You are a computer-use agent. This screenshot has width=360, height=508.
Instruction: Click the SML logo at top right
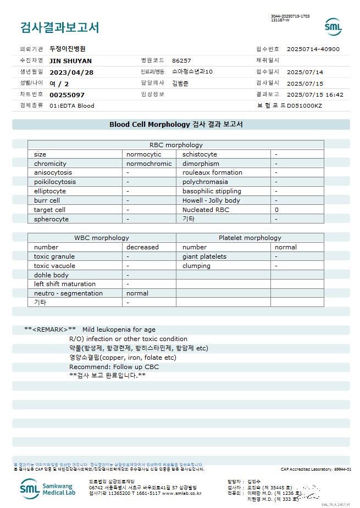pyautogui.click(x=333, y=27)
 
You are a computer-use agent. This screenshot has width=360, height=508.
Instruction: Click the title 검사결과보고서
pyautogui.click(x=59, y=27)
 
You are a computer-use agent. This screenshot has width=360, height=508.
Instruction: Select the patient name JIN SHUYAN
pyautogui.click(x=70, y=61)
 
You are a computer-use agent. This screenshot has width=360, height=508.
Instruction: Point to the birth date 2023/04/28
pyautogui.click(x=71, y=72)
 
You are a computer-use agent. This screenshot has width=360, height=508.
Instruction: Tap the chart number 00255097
pyautogui.click(x=67, y=95)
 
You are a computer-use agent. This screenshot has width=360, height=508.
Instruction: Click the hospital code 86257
pyautogui.click(x=181, y=61)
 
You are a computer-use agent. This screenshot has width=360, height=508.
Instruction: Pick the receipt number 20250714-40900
pyautogui.click(x=313, y=49)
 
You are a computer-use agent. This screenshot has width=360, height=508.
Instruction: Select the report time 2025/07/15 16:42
pyautogui.click(x=315, y=94)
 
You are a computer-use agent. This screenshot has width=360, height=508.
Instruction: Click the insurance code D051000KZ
pyautogui.click(x=304, y=105)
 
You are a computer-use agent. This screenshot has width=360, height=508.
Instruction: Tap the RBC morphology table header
pyautogui.click(x=176, y=145)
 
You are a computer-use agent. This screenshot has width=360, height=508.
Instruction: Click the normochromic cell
pyautogui.click(x=149, y=164)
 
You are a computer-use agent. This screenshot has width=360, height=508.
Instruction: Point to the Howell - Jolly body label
pyautogui.click(x=211, y=200)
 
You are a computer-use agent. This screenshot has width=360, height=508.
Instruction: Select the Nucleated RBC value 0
pyautogui.click(x=277, y=210)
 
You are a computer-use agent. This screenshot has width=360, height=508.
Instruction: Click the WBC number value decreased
pyautogui.click(x=142, y=247)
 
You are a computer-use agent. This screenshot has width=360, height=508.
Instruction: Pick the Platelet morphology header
pyautogui.click(x=250, y=238)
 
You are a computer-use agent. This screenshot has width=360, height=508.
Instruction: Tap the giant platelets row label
pyautogui.click(x=204, y=256)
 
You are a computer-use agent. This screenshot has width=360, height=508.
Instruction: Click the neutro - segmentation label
pyautogui.click(x=68, y=293)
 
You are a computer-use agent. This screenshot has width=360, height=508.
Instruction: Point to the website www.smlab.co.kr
pyautogui.click(x=181, y=493)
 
